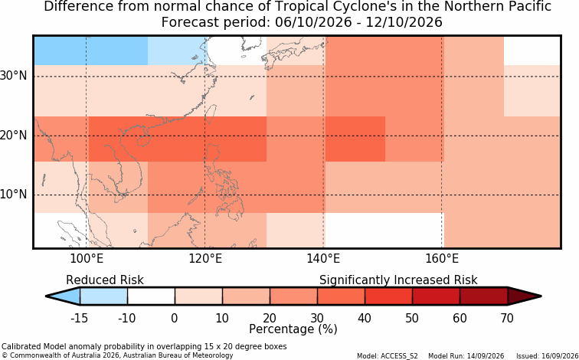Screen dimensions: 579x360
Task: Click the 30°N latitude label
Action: pyautogui.click(x=13, y=76)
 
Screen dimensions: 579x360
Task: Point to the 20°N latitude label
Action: pyautogui.click(x=13, y=135)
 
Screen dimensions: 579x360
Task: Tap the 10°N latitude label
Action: pyautogui.click(x=13, y=195)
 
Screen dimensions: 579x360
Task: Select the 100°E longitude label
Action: pyautogui.click(x=87, y=259)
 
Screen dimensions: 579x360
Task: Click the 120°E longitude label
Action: pyautogui.click(x=205, y=259)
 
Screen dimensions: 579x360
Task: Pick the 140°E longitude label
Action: pyautogui.click(x=323, y=259)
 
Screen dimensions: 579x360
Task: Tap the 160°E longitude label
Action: pyautogui.click(x=442, y=259)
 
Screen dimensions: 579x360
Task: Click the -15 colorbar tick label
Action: pyautogui.click(x=80, y=318)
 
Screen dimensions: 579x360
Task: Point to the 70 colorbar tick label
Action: pyautogui.click(x=507, y=318)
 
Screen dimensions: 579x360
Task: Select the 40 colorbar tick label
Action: pyautogui.click(x=365, y=318)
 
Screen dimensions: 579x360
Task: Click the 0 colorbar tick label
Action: pyautogui.click(x=175, y=318)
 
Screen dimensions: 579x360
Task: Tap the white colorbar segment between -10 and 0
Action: pyautogui.click(x=151, y=296)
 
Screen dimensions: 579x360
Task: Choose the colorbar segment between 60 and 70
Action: pyautogui.click(x=484, y=296)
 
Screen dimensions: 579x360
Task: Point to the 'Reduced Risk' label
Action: pyautogui.click(x=105, y=280)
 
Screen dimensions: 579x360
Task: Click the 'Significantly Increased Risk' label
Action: pyautogui.click(x=398, y=280)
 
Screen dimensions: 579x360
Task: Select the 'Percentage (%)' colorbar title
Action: pyautogui.click(x=293, y=329)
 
